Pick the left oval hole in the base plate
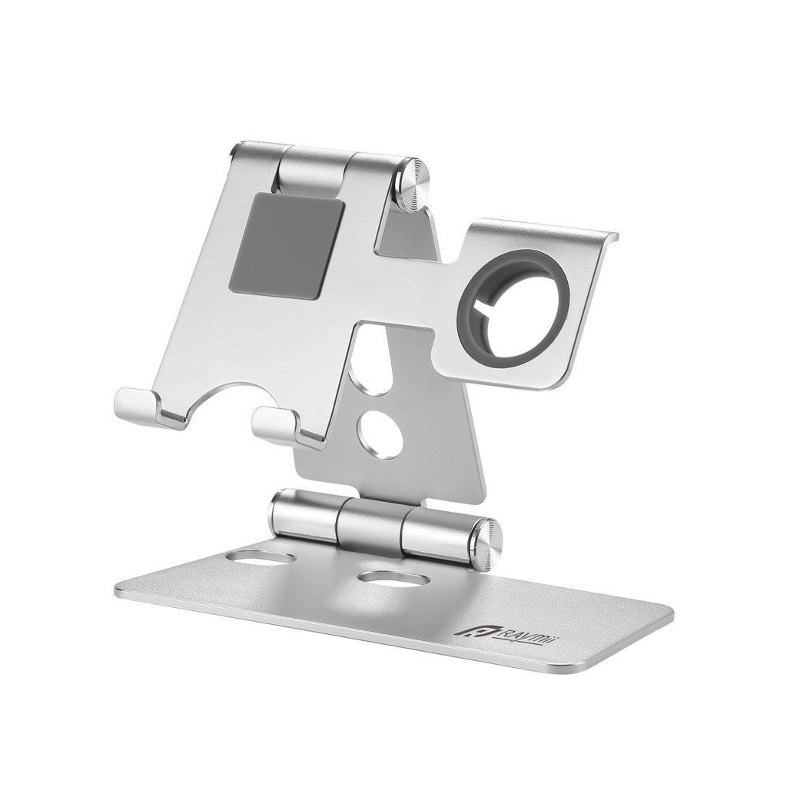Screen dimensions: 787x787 click(261, 556)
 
